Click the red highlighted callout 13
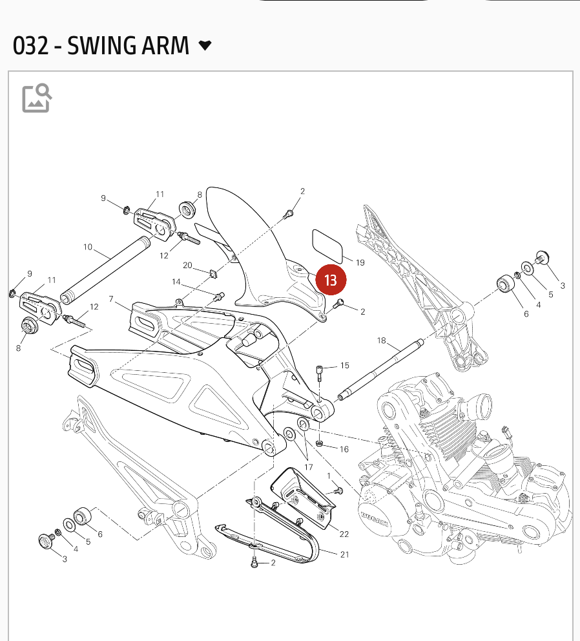pos(331,280)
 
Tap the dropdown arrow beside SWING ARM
pos(205,45)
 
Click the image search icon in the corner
pos(37,98)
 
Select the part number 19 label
pos(360,262)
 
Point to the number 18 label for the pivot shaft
pos(381,341)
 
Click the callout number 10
pos(88,247)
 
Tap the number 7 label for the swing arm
pos(111,299)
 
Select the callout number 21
pos(344,555)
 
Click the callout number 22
pos(344,534)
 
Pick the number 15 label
pos(344,366)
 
